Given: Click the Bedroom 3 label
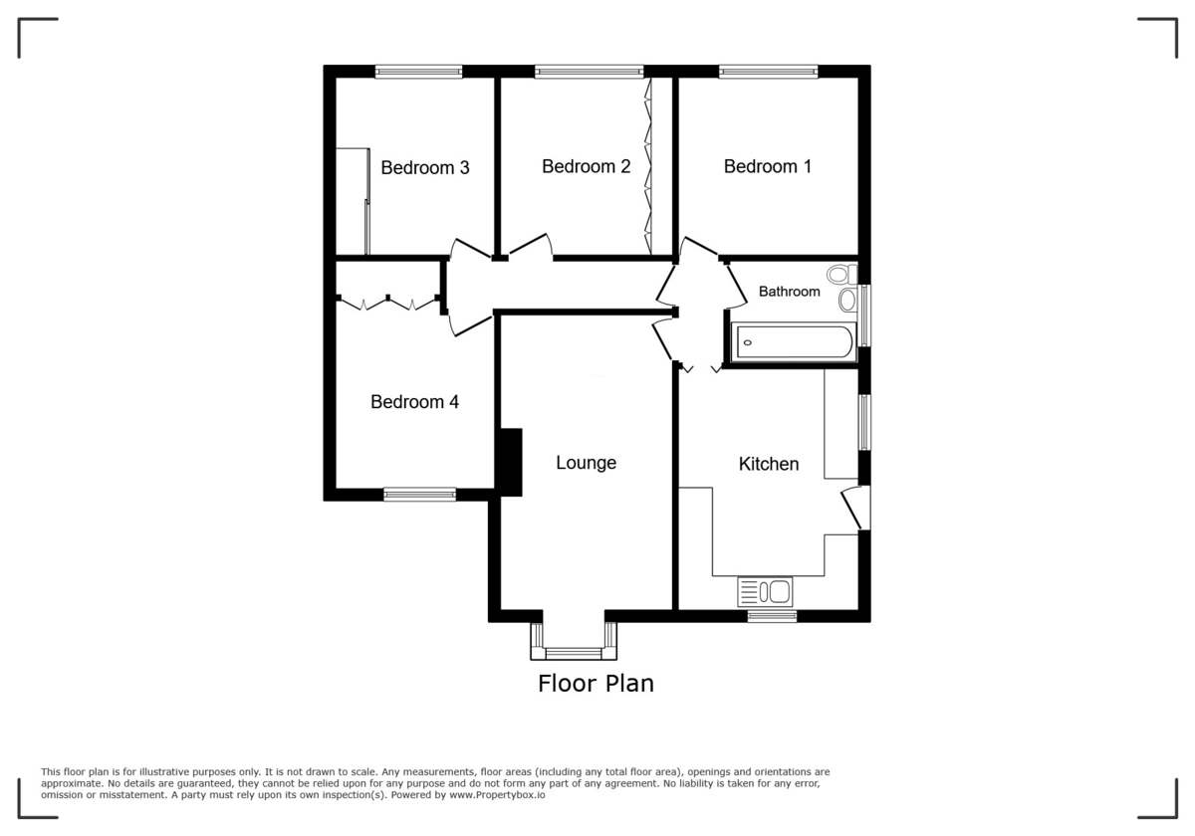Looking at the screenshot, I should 424,168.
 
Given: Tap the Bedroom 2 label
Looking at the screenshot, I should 586,166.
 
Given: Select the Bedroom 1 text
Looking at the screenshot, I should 767,166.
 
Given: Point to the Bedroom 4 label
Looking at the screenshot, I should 414,402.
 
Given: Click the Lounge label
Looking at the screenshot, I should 586,463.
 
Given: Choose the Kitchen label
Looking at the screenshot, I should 768,464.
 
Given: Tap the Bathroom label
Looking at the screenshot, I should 789,292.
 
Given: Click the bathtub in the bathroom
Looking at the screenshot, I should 793,342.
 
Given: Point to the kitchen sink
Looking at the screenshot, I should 764,592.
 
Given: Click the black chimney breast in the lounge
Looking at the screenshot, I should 509,462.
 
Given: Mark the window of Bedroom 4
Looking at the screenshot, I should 419,494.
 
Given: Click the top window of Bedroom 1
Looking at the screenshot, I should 768,72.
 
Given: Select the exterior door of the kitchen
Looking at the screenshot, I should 854,509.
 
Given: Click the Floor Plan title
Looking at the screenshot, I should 596,684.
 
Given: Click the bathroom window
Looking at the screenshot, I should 863,315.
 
